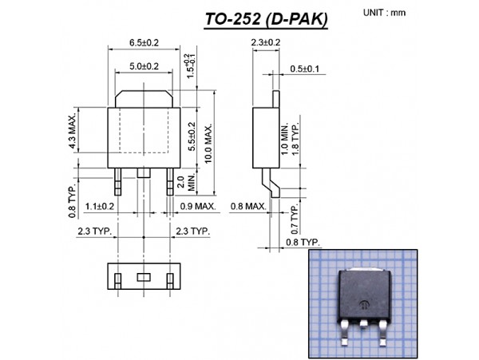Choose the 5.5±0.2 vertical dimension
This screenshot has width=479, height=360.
point(191,136)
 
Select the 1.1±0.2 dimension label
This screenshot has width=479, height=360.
point(101,206)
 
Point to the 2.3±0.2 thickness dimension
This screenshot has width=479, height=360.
point(265,42)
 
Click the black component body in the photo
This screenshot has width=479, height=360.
point(365,292)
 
